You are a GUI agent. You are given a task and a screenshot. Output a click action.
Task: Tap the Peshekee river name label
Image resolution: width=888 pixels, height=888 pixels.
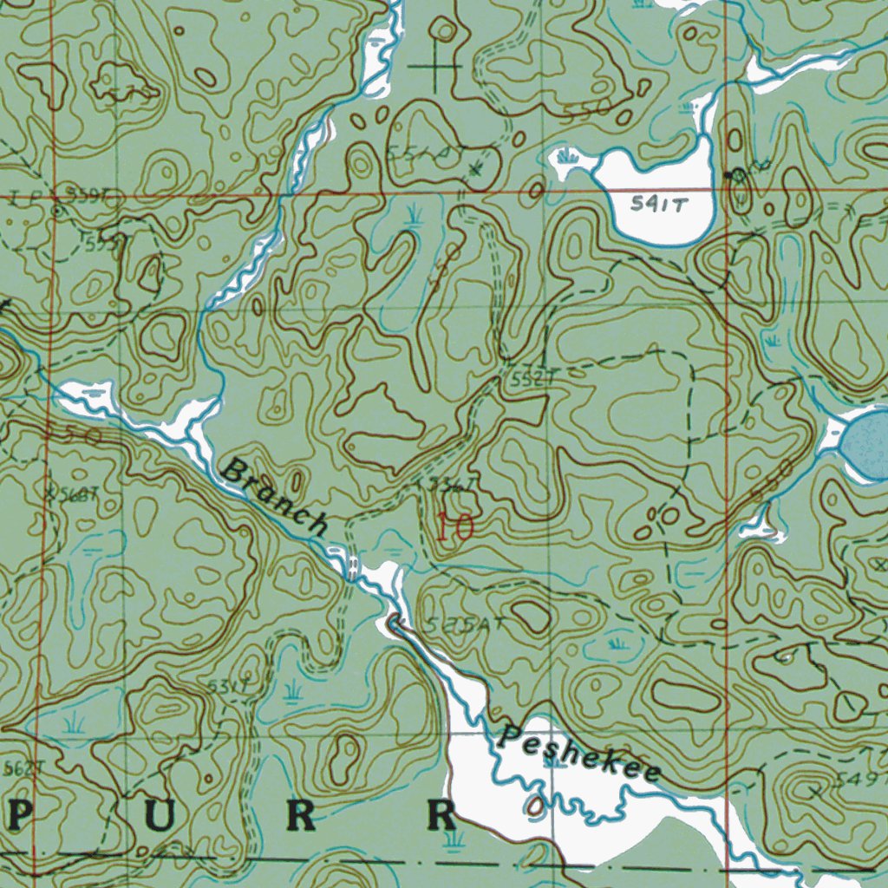580,753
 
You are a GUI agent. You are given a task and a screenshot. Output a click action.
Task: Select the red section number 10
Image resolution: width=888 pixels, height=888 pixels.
454,527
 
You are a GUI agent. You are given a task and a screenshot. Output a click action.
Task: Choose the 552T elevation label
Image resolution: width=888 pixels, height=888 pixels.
532,379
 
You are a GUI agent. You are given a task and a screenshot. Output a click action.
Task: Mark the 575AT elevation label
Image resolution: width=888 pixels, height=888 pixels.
465,627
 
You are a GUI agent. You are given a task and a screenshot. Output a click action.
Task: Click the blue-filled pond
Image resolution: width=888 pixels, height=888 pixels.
867,444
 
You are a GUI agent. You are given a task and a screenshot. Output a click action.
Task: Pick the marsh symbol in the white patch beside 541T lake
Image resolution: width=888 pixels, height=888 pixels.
570,158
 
